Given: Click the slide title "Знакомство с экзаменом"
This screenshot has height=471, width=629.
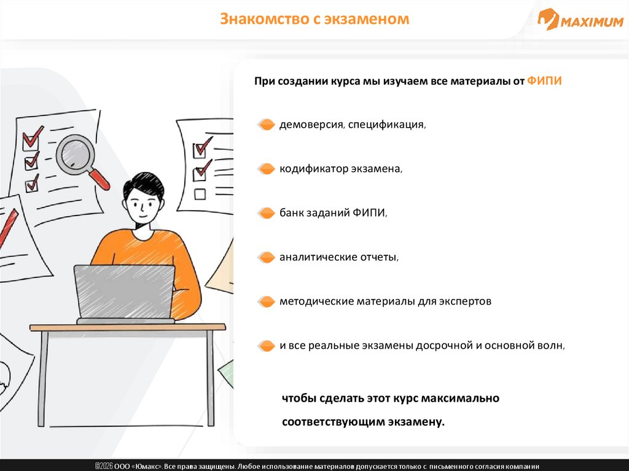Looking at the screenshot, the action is [314, 19].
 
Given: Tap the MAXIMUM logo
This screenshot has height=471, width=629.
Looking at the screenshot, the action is [580, 20].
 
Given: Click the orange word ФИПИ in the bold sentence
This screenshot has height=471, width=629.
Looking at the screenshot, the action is [544, 81].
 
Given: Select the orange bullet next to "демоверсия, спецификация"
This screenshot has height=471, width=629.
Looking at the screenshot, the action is [266, 125].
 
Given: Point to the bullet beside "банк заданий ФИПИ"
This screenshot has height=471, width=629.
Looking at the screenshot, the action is [266, 213].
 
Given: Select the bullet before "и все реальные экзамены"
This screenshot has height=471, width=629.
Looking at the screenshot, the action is [266, 346].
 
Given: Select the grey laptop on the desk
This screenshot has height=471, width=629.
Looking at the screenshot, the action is [125, 294].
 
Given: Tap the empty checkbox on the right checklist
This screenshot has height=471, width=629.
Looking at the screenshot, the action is [200, 194].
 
